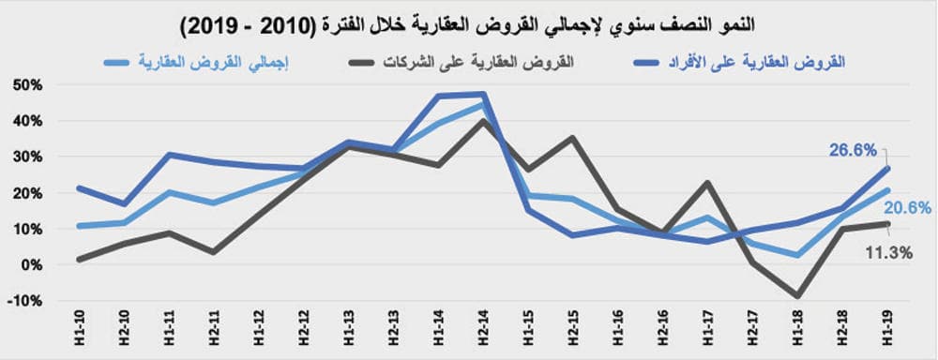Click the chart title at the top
[x=469, y=20]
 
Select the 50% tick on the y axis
[x=29, y=85]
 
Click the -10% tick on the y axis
[x=27, y=301]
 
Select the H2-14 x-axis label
[x=482, y=330]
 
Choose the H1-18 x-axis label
[x=799, y=330]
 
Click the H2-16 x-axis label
[x=663, y=330]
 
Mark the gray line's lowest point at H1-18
[x=798, y=296]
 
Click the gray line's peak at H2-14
[x=482, y=121]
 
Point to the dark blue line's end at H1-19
[x=888, y=169]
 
